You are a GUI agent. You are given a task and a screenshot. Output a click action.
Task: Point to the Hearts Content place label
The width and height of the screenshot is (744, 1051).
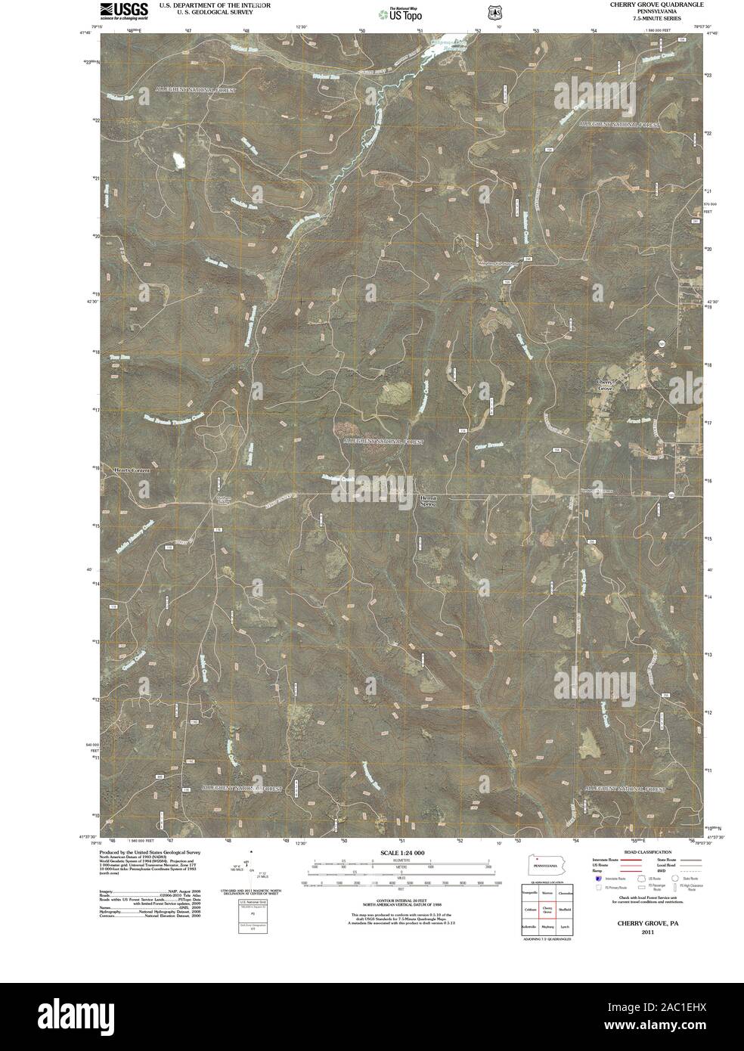pyautogui.click(x=132, y=470)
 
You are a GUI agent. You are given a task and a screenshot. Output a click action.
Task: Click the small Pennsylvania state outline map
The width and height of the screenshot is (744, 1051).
pyautogui.click(x=544, y=862)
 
